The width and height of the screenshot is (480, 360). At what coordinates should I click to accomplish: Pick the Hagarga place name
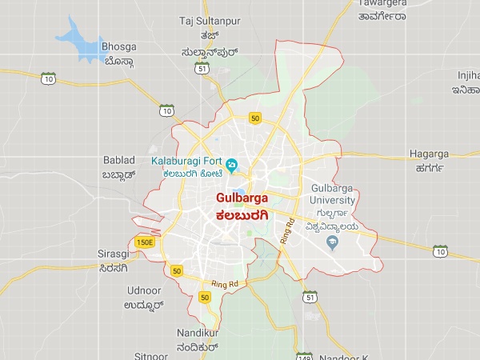click(430, 153)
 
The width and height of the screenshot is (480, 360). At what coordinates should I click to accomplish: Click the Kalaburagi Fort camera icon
click(230, 166)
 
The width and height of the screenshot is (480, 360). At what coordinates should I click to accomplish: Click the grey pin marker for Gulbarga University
click(334, 241)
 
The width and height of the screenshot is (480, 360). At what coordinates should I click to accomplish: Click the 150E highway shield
click(145, 242)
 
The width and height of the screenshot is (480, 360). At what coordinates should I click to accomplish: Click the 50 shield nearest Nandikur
click(205, 298)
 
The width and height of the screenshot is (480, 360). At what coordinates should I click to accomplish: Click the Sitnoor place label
click(150, 354)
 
